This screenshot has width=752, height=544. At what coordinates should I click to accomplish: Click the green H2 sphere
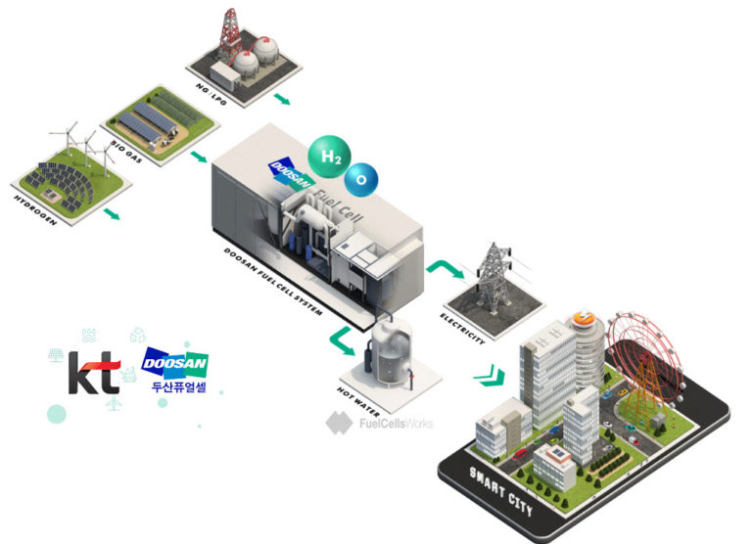327,155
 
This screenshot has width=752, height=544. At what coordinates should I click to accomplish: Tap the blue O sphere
362,178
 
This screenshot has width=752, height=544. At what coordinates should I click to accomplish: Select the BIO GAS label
125,158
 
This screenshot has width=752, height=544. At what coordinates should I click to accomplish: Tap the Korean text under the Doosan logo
177,387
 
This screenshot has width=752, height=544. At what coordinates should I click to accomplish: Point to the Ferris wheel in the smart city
644,358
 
